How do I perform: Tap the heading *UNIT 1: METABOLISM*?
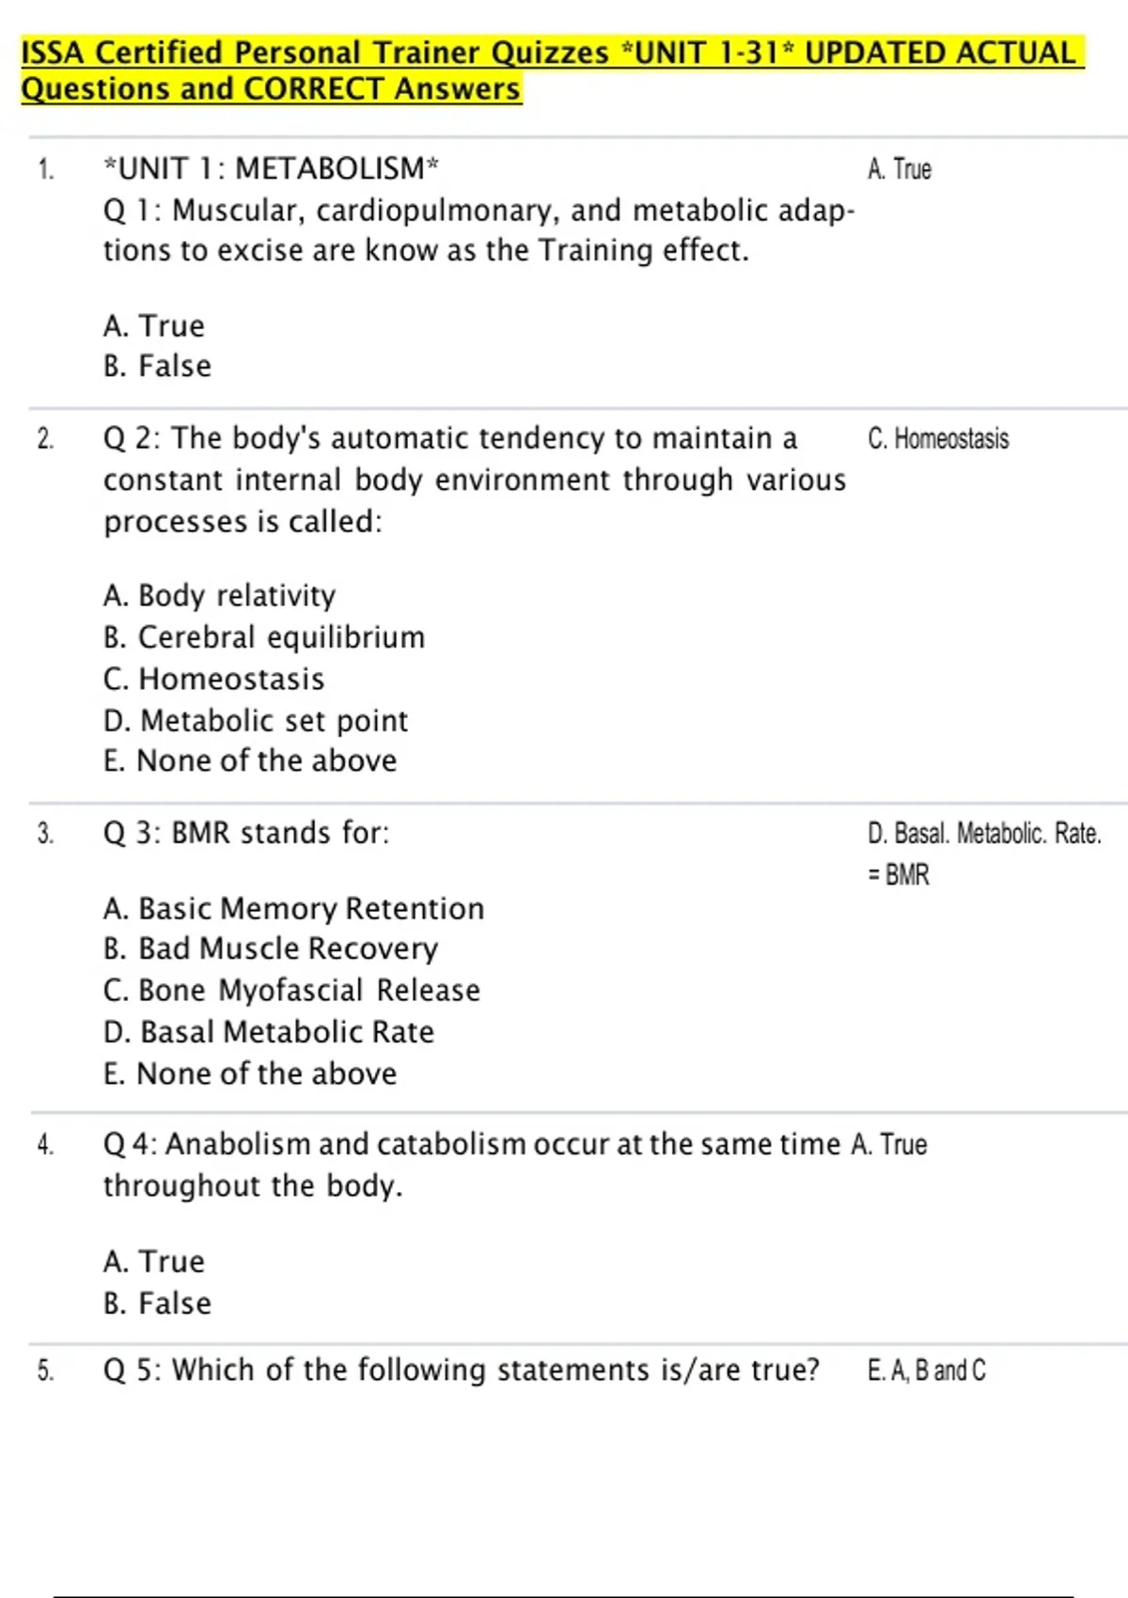click(x=271, y=169)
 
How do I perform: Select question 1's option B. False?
click(x=157, y=366)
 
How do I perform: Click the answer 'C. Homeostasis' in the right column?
click(x=938, y=439)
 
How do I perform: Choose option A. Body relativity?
click(x=219, y=596)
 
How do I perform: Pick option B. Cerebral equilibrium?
click(x=264, y=637)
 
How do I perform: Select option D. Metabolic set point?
click(x=256, y=721)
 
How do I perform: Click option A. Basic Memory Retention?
click(x=293, y=909)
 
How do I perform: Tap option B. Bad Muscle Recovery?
click(x=271, y=949)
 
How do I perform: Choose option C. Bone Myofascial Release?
click(x=291, y=991)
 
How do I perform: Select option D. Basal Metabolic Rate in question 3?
click(x=269, y=1032)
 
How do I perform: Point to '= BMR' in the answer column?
click(x=899, y=875)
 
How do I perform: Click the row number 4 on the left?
click(x=45, y=1145)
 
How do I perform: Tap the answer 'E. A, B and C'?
click(x=927, y=1371)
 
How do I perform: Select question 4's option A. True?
click(x=154, y=1261)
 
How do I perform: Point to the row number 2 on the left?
click(x=45, y=439)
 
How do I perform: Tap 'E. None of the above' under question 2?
click(x=250, y=760)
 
